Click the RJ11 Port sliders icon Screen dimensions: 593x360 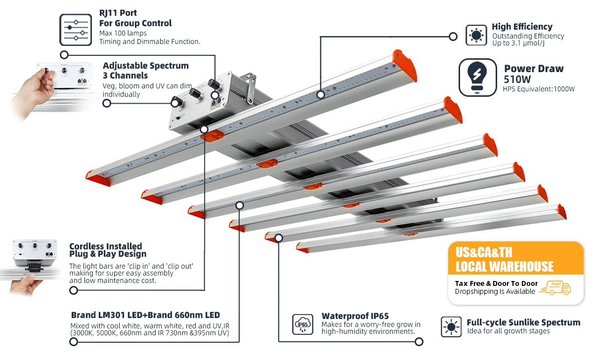tap(76, 30)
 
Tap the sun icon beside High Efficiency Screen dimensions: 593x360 tap(476, 35)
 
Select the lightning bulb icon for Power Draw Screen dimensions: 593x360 tap(477, 78)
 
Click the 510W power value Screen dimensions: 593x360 tap(518, 80)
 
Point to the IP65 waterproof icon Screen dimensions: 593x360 tap(302, 324)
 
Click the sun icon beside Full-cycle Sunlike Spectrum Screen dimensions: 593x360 tap(451, 327)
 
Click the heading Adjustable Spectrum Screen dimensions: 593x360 tap(145, 66)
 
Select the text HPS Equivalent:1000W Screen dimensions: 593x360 tap(539, 89)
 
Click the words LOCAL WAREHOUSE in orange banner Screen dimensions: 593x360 tap(504, 267)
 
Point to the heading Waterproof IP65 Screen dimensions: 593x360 tap(355, 316)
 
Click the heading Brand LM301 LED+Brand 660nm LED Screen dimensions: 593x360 tap(145, 315)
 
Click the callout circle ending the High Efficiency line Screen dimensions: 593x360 tap(453, 36)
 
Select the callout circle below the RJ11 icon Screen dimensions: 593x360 tap(64, 55)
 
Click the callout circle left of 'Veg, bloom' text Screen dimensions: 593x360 tap(106, 103)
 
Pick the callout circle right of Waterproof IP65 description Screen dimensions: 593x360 tap(419, 341)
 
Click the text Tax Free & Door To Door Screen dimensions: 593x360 tap(496, 283)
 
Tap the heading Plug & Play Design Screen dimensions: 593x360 tap(108, 254)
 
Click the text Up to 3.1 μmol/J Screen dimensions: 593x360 tap(518, 43)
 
